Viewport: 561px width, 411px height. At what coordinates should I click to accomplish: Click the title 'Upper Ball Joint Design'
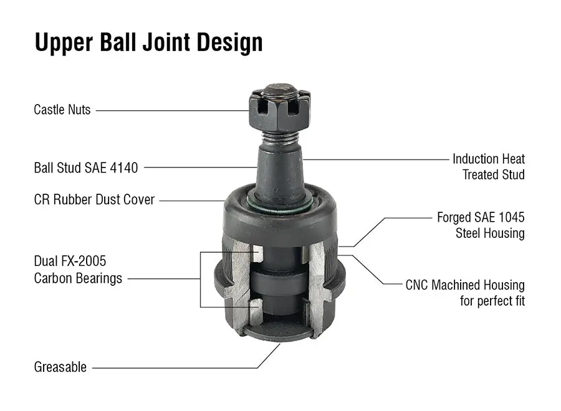pyautogui.click(x=148, y=42)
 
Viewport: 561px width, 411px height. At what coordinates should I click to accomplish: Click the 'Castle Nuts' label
pyautogui.click(x=62, y=110)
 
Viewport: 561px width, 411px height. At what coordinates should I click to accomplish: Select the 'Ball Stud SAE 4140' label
pyautogui.click(x=86, y=168)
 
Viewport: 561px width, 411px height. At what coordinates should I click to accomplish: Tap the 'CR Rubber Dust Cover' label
pyautogui.click(x=94, y=201)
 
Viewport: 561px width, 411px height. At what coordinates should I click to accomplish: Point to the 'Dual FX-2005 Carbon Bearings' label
pyautogui.click(x=78, y=270)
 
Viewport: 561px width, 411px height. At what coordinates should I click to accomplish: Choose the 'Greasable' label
pyautogui.click(x=60, y=367)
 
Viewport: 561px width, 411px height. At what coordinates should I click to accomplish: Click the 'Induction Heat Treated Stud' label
pyautogui.click(x=488, y=167)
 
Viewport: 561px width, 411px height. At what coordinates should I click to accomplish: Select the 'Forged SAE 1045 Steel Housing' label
pyautogui.click(x=481, y=225)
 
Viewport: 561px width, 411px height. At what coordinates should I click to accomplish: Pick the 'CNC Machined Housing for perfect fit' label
pyautogui.click(x=465, y=293)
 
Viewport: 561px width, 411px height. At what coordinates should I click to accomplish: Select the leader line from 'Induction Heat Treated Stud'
pyautogui.click(x=374, y=159)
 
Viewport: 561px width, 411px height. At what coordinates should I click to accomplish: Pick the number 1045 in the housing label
pyautogui.click(x=509, y=217)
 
